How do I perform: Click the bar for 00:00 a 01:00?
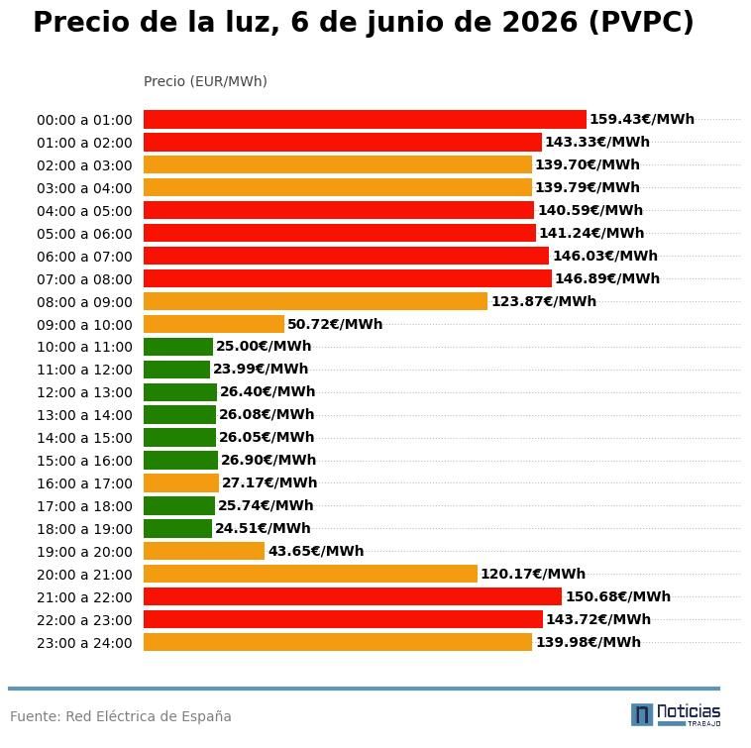click(x=365, y=119)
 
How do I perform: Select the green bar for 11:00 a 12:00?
click(x=176, y=370)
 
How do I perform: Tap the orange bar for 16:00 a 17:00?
click(x=181, y=483)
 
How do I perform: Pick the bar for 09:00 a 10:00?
click(x=214, y=324)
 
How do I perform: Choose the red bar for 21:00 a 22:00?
click(x=353, y=596)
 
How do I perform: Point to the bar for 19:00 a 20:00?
click(x=204, y=551)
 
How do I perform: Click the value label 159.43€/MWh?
click(x=642, y=119)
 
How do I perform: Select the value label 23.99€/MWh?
click(x=261, y=369)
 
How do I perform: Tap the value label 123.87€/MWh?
click(x=544, y=301)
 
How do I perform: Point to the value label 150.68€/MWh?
click(x=618, y=596)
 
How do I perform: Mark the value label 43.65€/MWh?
click(x=316, y=551)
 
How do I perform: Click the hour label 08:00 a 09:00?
click(x=84, y=302)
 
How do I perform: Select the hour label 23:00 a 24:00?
click(x=84, y=643)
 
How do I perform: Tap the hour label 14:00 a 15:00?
click(x=84, y=438)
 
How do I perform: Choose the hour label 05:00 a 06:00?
click(x=84, y=234)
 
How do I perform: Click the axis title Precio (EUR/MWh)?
click(x=205, y=81)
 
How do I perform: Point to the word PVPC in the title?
click(x=641, y=23)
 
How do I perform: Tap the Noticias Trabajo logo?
click(x=676, y=715)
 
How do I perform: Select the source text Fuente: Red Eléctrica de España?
click(x=121, y=716)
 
